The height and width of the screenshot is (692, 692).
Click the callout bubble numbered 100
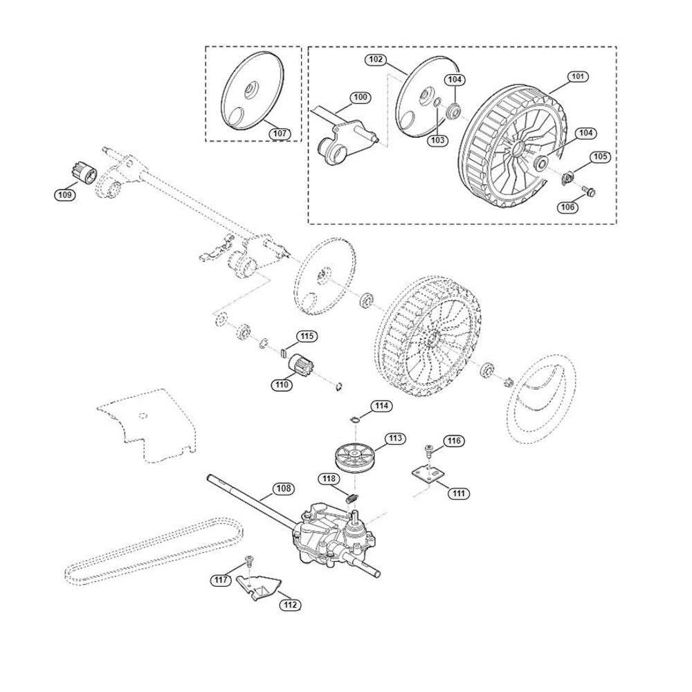coord(361,97)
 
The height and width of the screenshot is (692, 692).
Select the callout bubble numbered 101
coord(577,77)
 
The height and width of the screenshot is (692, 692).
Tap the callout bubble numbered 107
coord(280,134)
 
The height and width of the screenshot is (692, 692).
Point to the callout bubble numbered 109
coord(65,194)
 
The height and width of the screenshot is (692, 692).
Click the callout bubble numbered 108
coord(283,489)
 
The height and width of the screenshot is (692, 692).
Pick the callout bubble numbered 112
coord(290,605)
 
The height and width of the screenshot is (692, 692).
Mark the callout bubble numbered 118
coord(329,479)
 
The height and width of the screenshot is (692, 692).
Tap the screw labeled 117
coord(249,560)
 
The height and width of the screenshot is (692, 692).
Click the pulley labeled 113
coord(354,457)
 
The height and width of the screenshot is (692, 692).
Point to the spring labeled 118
coord(353,499)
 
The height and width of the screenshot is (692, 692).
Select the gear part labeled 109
coord(84,172)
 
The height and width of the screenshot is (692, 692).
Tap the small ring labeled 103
coord(437,103)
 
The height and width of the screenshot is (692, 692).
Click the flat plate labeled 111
coord(428,475)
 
